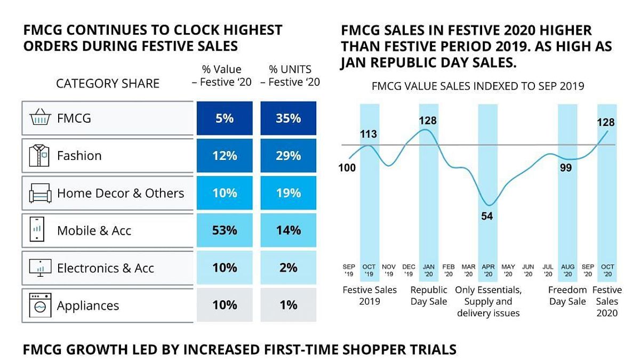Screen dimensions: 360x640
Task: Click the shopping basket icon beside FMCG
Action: pyautogui.click(x=40, y=118)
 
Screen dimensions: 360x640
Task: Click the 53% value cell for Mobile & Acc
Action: pyautogui.click(x=224, y=230)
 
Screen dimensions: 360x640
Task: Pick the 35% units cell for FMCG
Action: pyautogui.click(x=288, y=118)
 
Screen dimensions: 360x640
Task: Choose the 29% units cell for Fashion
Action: pyautogui.click(x=288, y=156)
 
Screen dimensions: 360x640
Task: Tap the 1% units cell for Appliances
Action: pyautogui.click(x=288, y=305)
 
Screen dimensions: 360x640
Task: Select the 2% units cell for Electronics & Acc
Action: pyautogui.click(x=288, y=268)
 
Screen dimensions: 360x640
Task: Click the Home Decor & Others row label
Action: pyautogui.click(x=120, y=193)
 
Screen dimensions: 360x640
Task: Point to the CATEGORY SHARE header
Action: pyautogui.click(x=108, y=84)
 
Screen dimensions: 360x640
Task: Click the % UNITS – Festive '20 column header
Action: pyautogui.click(x=290, y=76)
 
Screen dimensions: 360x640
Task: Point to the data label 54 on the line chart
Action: pyautogui.click(x=487, y=217)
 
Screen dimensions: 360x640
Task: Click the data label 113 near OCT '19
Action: pyautogui.click(x=369, y=134)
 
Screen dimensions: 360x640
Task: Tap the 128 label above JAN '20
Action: pyautogui.click(x=428, y=121)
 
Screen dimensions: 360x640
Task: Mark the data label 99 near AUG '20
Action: pyautogui.click(x=567, y=169)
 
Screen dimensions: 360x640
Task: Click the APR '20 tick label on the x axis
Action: pyautogui.click(x=487, y=270)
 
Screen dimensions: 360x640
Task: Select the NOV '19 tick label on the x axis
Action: pyautogui.click(x=389, y=270)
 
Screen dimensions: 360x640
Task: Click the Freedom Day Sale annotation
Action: pyautogui.click(x=568, y=295)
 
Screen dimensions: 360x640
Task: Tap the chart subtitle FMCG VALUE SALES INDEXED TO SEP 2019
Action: pyautogui.click(x=478, y=86)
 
